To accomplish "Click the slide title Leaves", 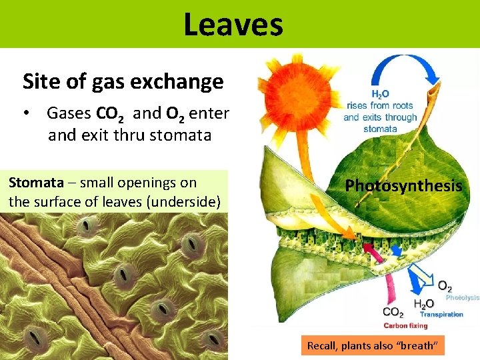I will click(x=233, y=25).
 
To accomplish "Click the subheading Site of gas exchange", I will click(x=123, y=82).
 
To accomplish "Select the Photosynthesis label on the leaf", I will click(x=403, y=186).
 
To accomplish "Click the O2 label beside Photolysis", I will click(x=444, y=285).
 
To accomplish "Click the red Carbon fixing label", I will click(x=405, y=326).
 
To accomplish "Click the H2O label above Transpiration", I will click(x=424, y=304).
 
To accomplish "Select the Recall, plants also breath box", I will click(x=372, y=346).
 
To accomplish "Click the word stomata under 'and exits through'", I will click(x=380, y=129).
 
